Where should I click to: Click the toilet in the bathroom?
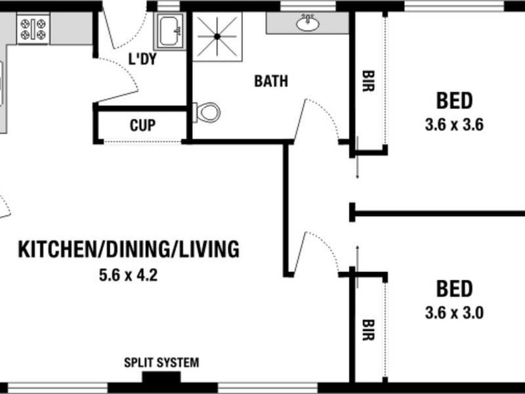(207, 112)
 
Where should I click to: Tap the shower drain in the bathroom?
(217, 37)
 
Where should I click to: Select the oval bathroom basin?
(308, 23)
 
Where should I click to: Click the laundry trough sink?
(170, 32)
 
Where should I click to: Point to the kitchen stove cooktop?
(33, 29)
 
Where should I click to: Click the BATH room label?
(271, 81)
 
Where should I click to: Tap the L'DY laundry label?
(142, 59)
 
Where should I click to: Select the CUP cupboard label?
(142, 125)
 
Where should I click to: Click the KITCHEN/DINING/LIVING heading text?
(129, 250)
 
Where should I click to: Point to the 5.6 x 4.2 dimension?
(128, 275)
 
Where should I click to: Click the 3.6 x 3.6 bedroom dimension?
(454, 125)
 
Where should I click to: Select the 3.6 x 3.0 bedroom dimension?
(454, 313)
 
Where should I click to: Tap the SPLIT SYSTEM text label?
(161, 362)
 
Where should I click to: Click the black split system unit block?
(161, 377)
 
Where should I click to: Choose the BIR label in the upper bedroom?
(368, 81)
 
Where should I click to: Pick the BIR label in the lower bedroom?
(368, 330)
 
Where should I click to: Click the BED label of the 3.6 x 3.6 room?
(454, 100)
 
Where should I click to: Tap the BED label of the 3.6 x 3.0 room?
(454, 289)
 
